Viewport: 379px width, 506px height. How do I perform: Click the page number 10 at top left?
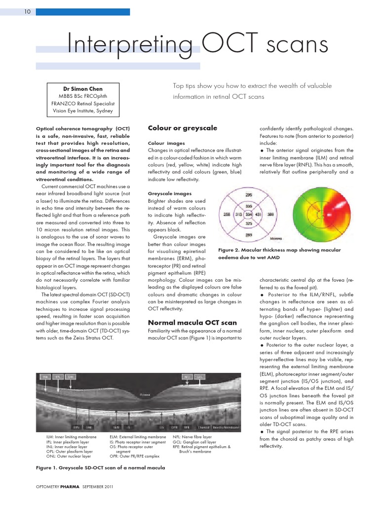tap(28, 12)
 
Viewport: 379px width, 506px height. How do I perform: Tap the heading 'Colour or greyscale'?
tap(183, 128)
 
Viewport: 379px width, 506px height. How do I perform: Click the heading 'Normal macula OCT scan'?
tap(192, 323)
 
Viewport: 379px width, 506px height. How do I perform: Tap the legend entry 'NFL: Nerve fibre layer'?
tap(192, 437)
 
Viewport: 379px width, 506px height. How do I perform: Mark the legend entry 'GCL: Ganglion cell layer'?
tap(194, 442)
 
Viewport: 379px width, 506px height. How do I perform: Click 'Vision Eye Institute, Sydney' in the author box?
tap(83, 111)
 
